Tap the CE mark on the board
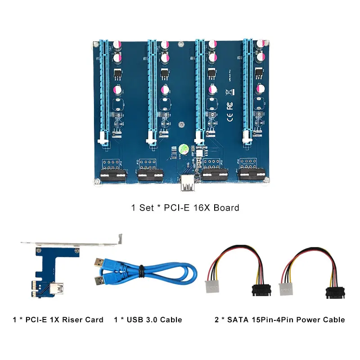[x=229, y=119]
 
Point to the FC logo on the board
[x=229, y=106]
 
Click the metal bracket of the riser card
[x=72, y=243]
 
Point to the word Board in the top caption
[x=226, y=208]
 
